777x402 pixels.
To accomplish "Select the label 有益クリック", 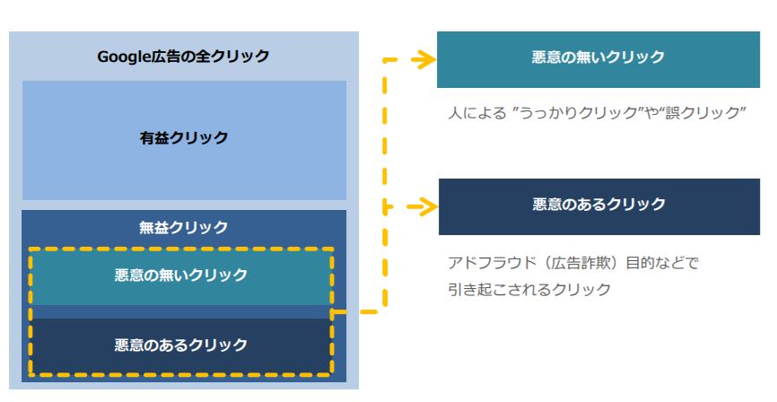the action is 184,138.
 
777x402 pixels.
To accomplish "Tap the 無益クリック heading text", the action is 184,228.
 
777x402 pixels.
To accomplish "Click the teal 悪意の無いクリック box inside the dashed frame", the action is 181,276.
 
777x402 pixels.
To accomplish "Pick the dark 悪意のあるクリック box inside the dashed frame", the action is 181,345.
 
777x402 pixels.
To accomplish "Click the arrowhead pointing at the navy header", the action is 424,206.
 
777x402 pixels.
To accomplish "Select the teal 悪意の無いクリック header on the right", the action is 598,59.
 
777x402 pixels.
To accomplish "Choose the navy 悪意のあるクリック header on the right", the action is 599,206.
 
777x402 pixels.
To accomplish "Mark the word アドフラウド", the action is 492,262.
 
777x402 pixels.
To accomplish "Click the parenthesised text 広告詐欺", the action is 581,262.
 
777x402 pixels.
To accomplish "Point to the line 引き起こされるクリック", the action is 529,289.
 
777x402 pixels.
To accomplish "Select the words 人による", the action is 477,113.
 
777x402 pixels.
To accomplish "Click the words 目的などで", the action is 662,262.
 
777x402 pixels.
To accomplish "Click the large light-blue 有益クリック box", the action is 184,140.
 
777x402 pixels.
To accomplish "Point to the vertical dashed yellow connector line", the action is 385,186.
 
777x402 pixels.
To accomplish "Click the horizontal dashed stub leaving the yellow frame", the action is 358,311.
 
